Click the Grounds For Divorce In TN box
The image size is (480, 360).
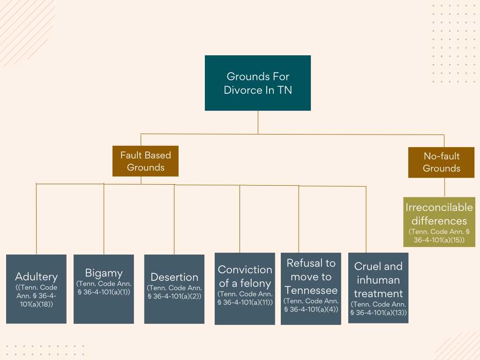click(x=258, y=83)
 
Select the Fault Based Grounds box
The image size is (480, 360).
click(x=145, y=161)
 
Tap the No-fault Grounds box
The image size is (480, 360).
click(x=442, y=162)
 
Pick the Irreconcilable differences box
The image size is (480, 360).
click(x=439, y=222)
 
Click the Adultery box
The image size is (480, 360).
click(x=36, y=289)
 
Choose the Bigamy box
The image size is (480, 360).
click(x=104, y=289)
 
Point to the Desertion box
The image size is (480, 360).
click(x=174, y=289)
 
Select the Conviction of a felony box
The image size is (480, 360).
click(x=245, y=288)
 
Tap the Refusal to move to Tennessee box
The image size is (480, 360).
click(x=311, y=288)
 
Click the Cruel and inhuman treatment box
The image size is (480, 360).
click(x=378, y=288)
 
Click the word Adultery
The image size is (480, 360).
click(x=37, y=277)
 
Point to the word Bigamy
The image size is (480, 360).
click(x=104, y=273)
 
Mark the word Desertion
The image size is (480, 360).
click(x=174, y=277)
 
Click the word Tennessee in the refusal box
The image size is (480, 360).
click(x=311, y=290)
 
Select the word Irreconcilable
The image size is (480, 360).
click(x=439, y=207)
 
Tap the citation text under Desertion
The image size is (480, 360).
click(x=174, y=292)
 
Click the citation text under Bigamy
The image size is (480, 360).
click(x=104, y=288)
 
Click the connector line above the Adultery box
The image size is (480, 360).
click(x=37, y=219)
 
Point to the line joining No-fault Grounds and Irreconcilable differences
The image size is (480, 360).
click(x=444, y=187)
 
